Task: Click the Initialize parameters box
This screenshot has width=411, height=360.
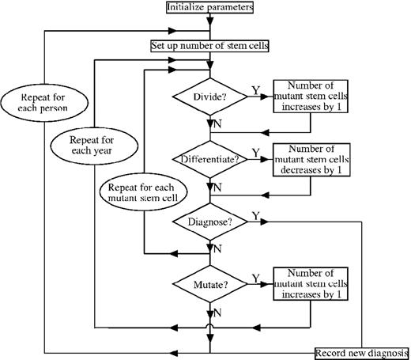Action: point(210,8)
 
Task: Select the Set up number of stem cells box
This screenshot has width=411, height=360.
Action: point(210,45)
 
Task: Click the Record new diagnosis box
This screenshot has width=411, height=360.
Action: point(361,352)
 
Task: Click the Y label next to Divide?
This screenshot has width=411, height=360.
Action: point(254,92)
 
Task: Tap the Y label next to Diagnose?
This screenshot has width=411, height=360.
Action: point(254,215)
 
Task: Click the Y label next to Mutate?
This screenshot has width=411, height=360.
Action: point(254,276)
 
